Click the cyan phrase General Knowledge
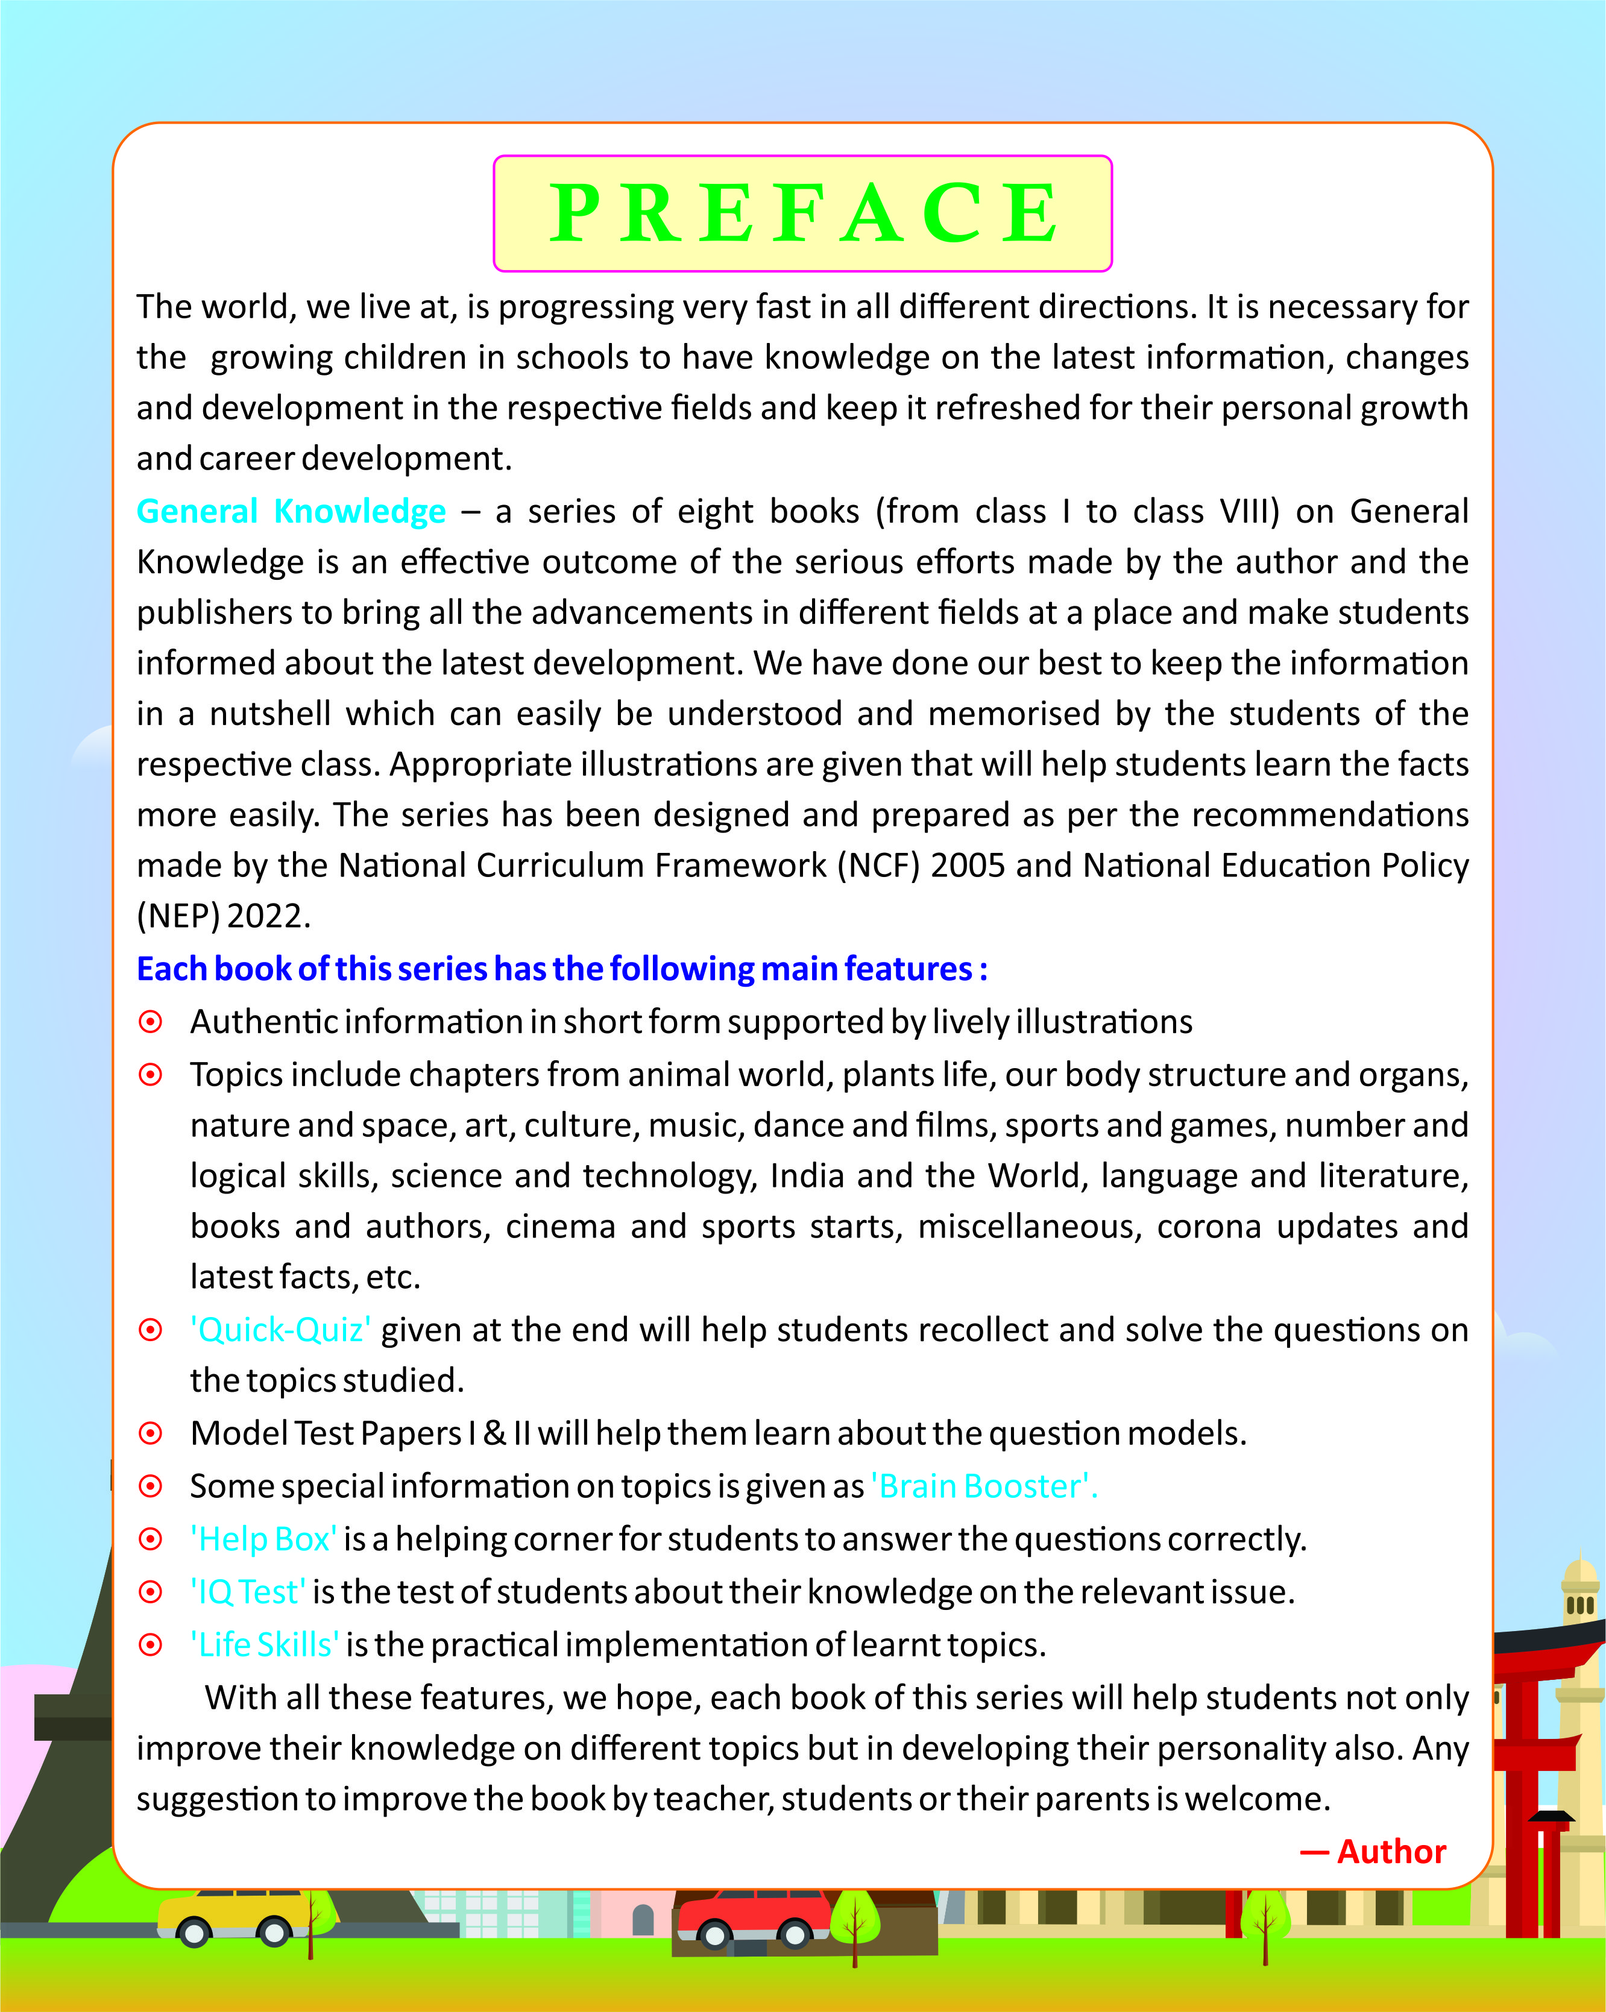coord(291,511)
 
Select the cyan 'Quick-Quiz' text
coord(280,1330)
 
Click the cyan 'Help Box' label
coord(264,1539)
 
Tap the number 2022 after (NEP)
coord(267,916)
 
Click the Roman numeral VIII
coord(1250,511)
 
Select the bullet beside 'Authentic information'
coord(150,1022)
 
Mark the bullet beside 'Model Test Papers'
coord(150,1433)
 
